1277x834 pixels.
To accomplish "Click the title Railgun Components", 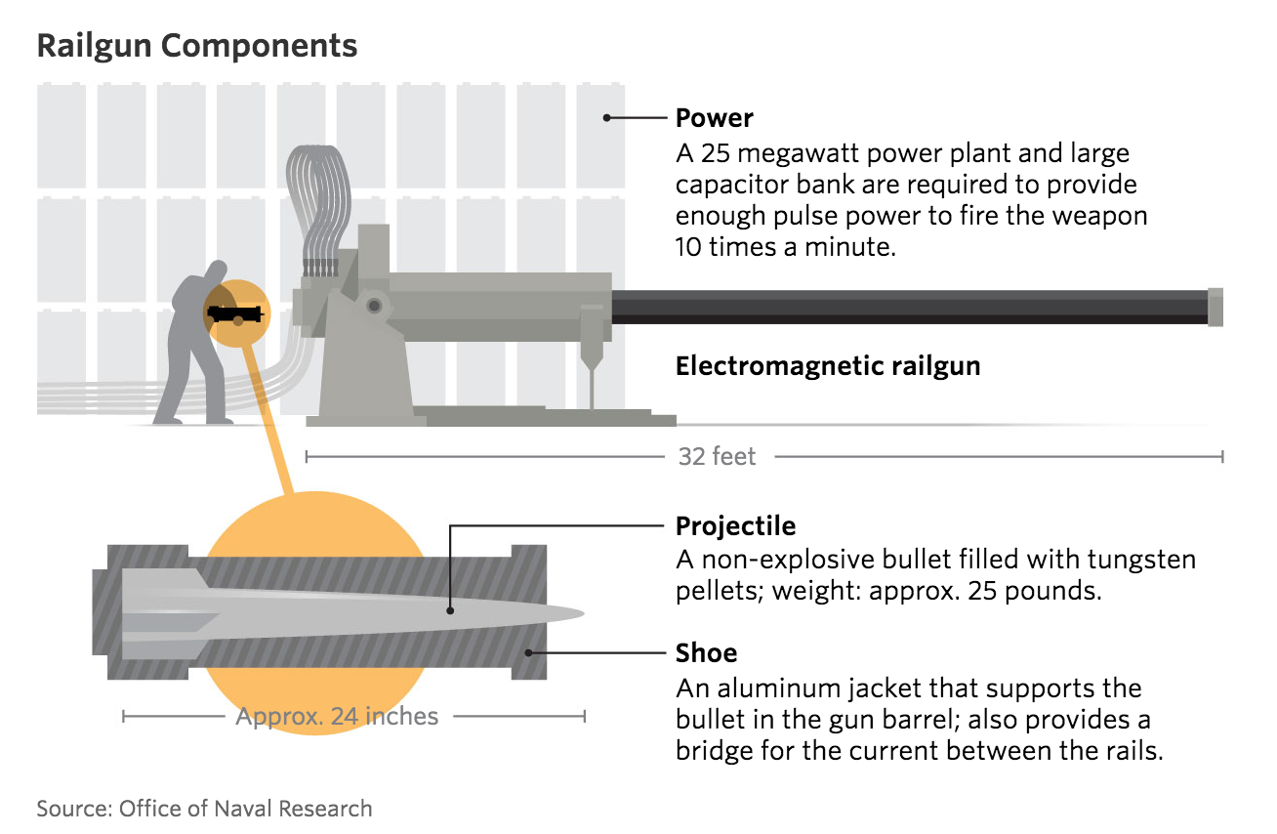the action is point(196,47).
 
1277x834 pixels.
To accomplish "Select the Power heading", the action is point(715,118).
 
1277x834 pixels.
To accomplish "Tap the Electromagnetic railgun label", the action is point(828,366).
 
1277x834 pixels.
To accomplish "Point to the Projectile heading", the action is point(735,525).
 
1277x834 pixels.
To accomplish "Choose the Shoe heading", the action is point(706,652).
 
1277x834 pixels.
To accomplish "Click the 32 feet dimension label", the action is point(717,457).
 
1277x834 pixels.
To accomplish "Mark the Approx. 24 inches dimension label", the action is point(337,717).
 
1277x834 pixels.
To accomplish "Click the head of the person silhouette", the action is point(217,270).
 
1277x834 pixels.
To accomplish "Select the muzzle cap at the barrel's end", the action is point(1215,308).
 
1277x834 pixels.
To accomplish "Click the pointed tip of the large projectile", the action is point(584,614).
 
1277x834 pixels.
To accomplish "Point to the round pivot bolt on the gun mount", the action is point(374,306).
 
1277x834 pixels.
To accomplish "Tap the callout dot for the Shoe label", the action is point(529,652).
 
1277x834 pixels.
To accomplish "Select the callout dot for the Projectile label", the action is point(450,610).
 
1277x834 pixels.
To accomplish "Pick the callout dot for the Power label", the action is point(607,118).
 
